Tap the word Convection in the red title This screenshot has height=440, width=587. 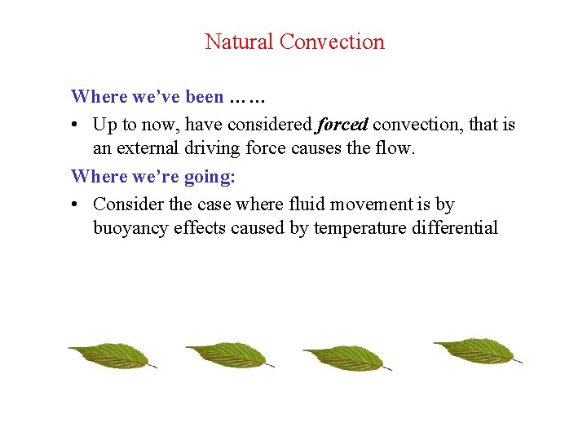coord(332,42)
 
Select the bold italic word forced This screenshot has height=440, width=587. coord(342,125)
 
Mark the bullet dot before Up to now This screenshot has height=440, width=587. coord(75,125)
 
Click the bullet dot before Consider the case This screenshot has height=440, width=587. coord(75,204)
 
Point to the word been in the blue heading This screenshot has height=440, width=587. coord(204,97)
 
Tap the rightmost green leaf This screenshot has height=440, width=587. coord(473,350)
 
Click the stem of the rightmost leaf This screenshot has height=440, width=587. coord(517,359)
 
